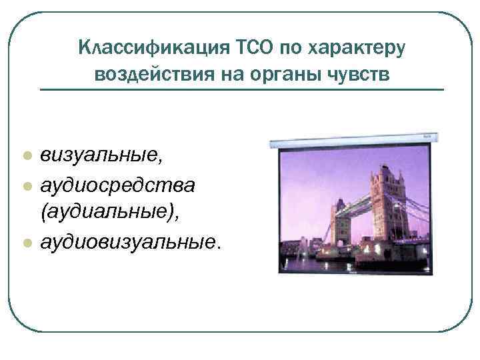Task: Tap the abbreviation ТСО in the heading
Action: (253, 49)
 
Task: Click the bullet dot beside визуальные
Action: (27, 156)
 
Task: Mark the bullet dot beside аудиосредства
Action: (27, 185)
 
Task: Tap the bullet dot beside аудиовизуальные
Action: (27, 243)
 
